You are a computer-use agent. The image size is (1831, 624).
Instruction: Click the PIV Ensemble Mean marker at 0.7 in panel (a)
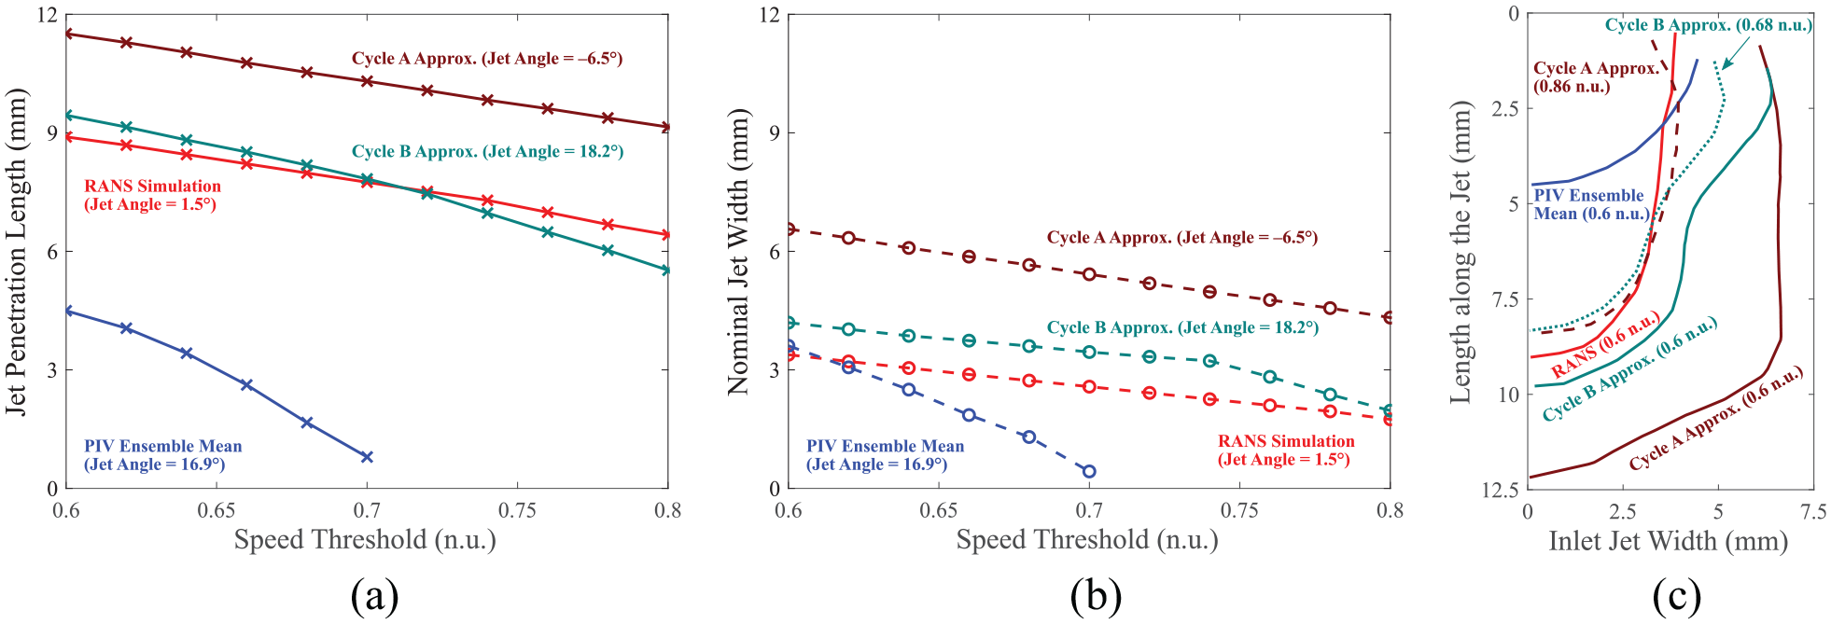coord(367,457)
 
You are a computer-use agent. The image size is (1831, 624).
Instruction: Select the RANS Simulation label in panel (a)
coord(153,195)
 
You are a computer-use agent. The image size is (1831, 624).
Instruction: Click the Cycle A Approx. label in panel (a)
coord(487,58)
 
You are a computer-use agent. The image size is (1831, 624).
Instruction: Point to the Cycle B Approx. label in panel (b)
coord(1182,327)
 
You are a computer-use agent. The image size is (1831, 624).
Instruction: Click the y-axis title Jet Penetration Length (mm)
coord(17,252)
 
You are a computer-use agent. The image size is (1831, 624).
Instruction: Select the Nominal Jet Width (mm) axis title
coord(738,252)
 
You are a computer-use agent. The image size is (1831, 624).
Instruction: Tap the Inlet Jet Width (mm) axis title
coord(1669,541)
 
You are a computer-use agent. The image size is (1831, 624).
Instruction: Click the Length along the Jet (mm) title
coord(1461,252)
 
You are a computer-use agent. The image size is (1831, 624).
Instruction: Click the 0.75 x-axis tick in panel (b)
coord(1239,510)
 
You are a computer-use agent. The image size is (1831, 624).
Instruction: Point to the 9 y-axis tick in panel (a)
coord(52,133)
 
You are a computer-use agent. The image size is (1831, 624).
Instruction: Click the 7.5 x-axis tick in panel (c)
coord(1813,512)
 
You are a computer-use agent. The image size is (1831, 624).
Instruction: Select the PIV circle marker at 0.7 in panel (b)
coord(1089,471)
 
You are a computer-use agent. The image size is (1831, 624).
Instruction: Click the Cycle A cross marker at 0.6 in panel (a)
coord(66,34)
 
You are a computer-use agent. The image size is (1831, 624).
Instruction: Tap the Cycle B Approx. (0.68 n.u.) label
coord(1709,25)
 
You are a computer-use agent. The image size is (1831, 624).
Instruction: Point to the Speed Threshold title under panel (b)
coord(1087,540)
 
